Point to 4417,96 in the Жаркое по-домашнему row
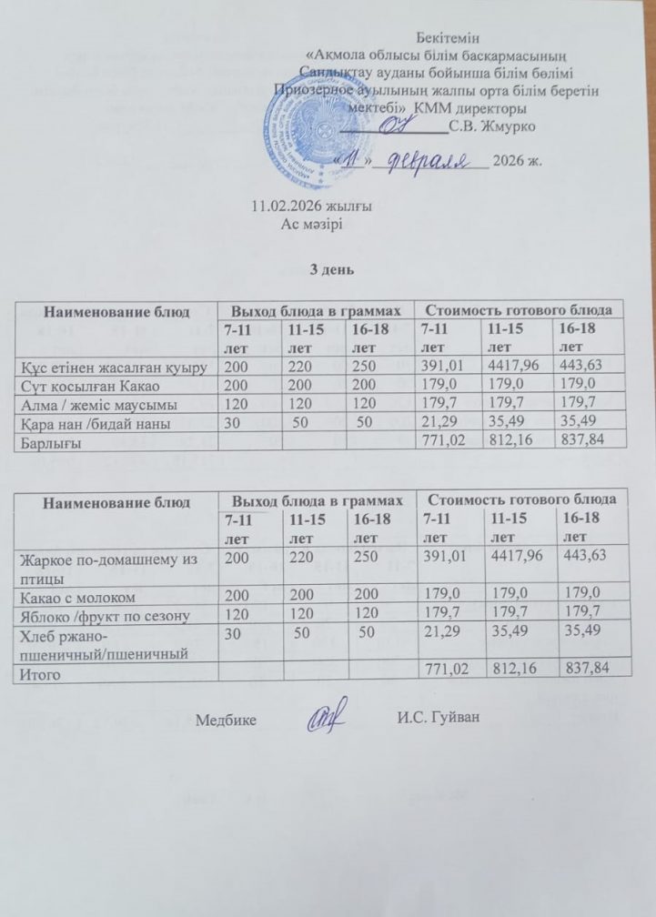click(x=515, y=557)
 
